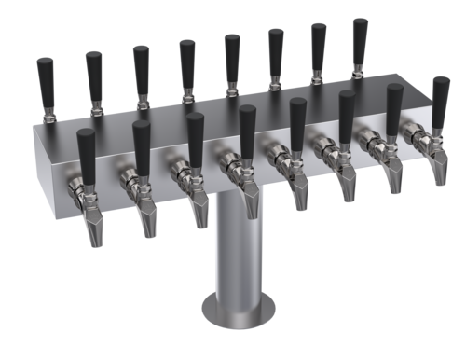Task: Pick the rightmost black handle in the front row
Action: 440,97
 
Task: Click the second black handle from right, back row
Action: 318,42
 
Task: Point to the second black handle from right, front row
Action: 394,104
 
